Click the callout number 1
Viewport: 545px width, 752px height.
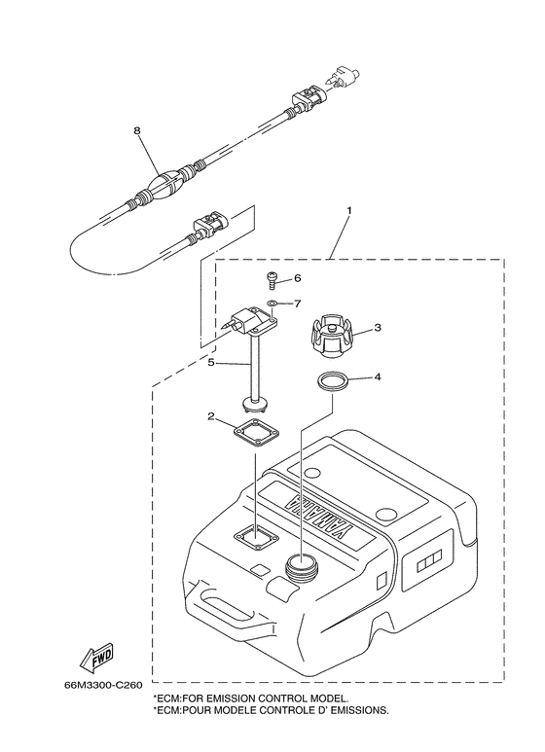click(x=349, y=210)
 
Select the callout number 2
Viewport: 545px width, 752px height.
click(x=209, y=418)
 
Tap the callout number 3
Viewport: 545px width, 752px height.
click(x=379, y=330)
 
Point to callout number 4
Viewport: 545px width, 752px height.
click(x=379, y=377)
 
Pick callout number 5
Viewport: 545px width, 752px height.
click(x=210, y=363)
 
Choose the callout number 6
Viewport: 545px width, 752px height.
click(x=298, y=278)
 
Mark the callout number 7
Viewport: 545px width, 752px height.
click(x=298, y=304)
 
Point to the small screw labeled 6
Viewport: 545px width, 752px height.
click(x=272, y=281)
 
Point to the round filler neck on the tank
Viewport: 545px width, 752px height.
click(x=302, y=565)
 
